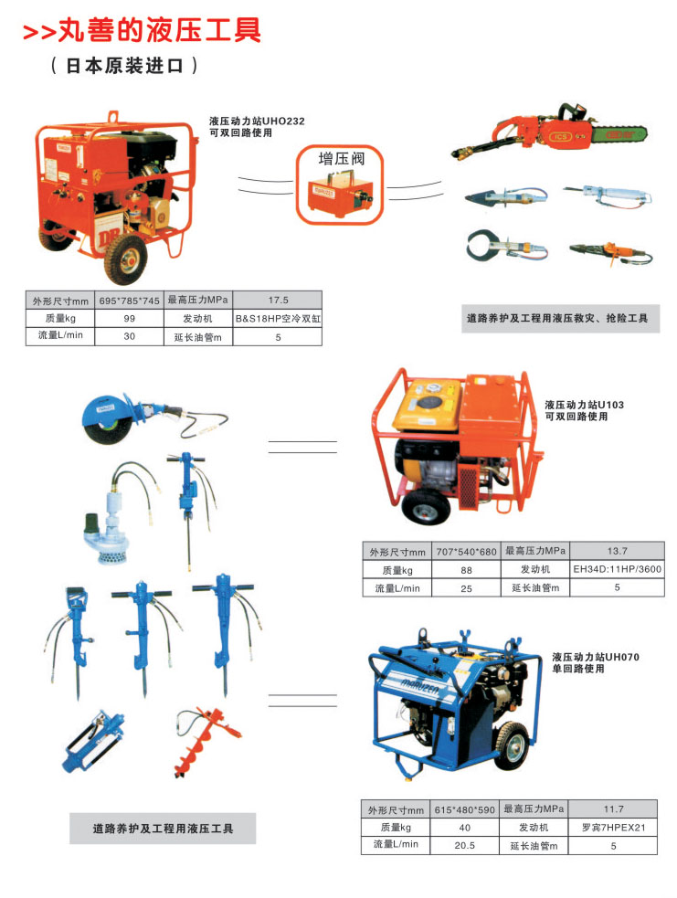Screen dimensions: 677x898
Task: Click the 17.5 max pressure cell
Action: click(278, 301)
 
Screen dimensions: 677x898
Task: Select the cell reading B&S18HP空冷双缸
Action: click(278, 319)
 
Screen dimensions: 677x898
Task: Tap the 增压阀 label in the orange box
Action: click(342, 159)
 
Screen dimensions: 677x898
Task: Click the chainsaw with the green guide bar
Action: click(549, 132)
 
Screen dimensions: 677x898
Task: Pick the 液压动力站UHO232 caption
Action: click(257, 121)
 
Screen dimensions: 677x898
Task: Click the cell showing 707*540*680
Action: click(466, 552)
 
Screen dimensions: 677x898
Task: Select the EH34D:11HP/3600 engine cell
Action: click(617, 569)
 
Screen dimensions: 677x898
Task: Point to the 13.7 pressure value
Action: click(617, 551)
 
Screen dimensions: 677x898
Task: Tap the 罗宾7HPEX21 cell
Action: click(613, 828)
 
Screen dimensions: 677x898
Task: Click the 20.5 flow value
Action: click(464, 846)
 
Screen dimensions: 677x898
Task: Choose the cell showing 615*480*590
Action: click(464, 809)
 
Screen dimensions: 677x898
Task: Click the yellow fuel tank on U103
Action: click(428, 405)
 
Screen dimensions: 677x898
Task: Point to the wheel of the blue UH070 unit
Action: click(511, 746)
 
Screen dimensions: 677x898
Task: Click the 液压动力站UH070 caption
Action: click(596, 657)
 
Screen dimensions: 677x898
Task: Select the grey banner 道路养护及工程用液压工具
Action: click(163, 829)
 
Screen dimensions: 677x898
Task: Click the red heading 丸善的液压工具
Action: click(159, 30)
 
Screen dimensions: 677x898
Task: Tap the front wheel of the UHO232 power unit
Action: click(126, 259)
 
